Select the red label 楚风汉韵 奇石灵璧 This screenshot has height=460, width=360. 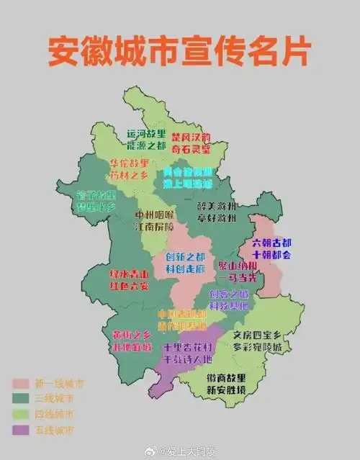[x=191, y=143]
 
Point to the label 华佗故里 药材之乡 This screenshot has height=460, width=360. [x=130, y=169]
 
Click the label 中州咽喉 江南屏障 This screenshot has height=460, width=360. [x=155, y=220]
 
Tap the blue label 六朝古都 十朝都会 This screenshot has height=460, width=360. [x=272, y=248]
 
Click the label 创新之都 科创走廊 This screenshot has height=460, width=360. [x=185, y=263]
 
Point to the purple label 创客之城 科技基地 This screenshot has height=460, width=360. [x=230, y=300]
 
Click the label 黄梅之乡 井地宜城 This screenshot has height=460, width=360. [x=132, y=341]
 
